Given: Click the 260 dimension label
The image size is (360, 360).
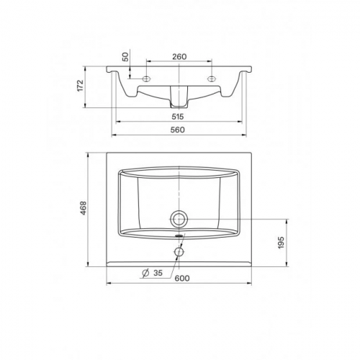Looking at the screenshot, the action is [179, 57].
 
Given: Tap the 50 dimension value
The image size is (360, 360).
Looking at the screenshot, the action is [125, 57].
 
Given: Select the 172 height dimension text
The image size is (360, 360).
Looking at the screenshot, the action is [80, 86].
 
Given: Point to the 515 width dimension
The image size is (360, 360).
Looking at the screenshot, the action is [178, 117].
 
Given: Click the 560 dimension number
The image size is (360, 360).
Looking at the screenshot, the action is [178, 130].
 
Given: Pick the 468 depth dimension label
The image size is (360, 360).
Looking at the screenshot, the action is [83, 208].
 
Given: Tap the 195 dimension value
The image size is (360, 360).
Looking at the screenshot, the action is [281, 243].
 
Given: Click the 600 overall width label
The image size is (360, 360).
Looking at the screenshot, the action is [182, 278].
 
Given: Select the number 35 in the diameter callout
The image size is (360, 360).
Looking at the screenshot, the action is [158, 273].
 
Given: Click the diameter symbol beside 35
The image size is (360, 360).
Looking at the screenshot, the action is [145, 273].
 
